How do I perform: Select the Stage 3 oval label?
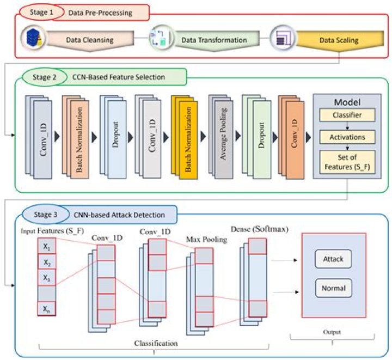coord(45,214)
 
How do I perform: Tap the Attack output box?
coord(333,259)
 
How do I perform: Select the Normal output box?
coord(333,286)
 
